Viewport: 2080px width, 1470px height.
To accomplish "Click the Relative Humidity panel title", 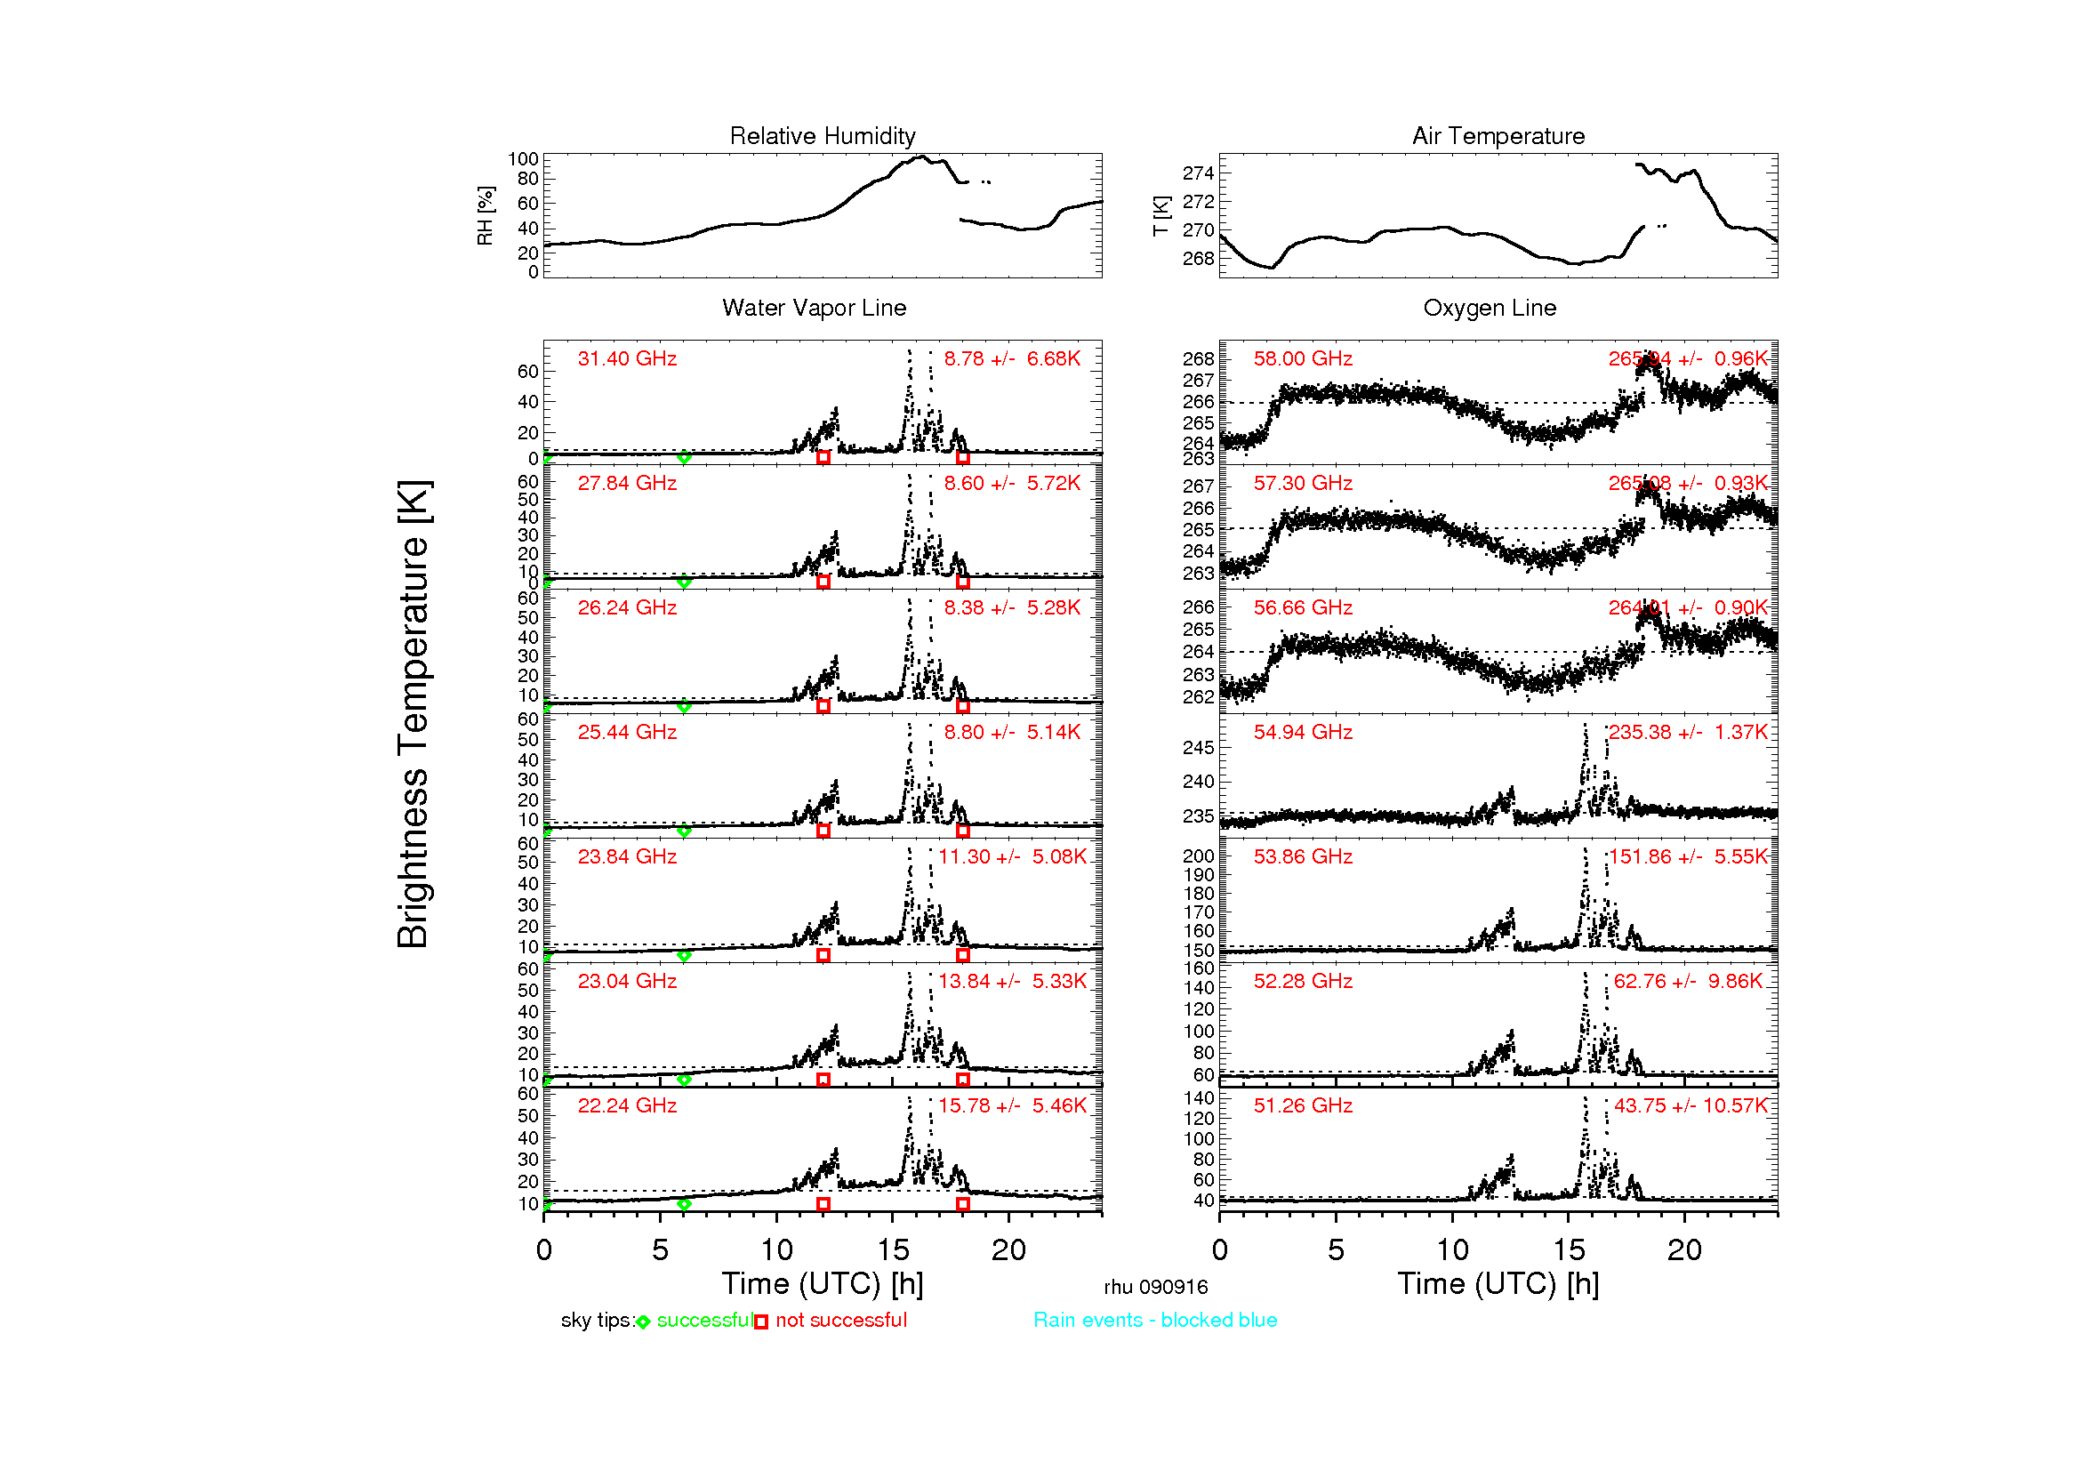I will click(x=823, y=136).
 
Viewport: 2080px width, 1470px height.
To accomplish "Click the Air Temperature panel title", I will click(x=1498, y=136).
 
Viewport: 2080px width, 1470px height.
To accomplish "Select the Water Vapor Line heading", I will click(x=814, y=308).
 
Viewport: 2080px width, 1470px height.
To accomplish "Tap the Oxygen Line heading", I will click(x=1490, y=308).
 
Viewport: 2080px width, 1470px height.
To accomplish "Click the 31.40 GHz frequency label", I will click(x=627, y=358).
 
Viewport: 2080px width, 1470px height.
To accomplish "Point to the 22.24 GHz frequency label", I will click(x=627, y=1106).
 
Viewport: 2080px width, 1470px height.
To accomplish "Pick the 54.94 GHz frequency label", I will click(x=1303, y=732).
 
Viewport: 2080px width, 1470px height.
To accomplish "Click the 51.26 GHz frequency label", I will click(x=1303, y=1106).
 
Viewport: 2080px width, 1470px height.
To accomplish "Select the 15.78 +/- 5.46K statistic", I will click(x=1012, y=1106).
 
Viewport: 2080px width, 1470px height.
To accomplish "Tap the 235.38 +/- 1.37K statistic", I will click(x=1688, y=732).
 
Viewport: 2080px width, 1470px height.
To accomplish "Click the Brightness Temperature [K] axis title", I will click(x=414, y=714).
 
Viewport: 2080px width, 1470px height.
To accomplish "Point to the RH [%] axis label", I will click(x=486, y=216).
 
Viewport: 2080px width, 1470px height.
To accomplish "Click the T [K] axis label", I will click(x=1161, y=216).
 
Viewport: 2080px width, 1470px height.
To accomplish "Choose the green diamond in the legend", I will click(x=643, y=1322).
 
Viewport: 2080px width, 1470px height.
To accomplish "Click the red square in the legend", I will click(x=761, y=1322).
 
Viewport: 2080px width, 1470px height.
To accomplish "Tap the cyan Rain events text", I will click(x=1155, y=1321).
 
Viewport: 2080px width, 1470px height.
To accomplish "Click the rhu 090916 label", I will click(x=1155, y=1287).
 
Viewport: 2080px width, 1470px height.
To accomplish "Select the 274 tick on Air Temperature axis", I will click(x=1198, y=173).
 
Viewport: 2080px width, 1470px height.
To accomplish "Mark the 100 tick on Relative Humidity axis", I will click(x=523, y=159).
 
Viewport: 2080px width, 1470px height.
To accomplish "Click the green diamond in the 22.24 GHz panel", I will click(x=684, y=1205).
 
